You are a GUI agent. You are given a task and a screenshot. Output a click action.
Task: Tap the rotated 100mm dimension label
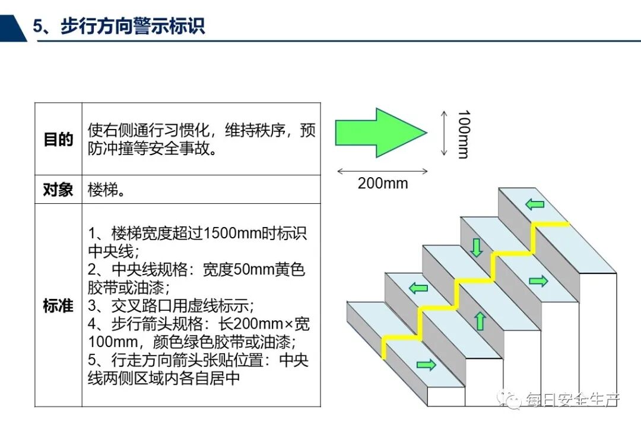tap(464, 134)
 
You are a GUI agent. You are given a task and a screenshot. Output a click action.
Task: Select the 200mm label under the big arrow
tap(383, 183)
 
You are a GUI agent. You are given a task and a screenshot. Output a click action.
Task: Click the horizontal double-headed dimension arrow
tap(382, 171)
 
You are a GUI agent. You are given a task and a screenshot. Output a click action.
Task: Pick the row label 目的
tap(58, 140)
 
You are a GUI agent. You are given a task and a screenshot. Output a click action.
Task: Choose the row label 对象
tap(58, 190)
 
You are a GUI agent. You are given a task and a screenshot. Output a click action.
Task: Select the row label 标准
tap(58, 306)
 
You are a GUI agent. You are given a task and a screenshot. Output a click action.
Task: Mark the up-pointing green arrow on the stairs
tap(480, 321)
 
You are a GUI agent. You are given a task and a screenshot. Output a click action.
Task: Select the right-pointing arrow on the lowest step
tap(426, 364)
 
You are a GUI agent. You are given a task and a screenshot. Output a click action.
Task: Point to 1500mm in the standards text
tap(229, 233)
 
